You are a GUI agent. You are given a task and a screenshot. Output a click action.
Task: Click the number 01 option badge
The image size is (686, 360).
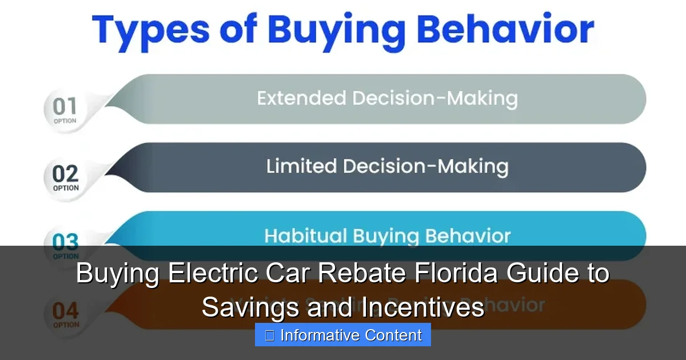pyautogui.click(x=65, y=109)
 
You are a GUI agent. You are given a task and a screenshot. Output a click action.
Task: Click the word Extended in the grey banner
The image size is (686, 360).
pyautogui.click(x=302, y=98)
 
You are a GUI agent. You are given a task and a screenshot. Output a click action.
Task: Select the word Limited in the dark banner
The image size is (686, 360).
pyautogui.click(x=301, y=166)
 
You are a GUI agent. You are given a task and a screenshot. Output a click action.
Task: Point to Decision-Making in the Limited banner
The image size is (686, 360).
pyautogui.click(x=426, y=166)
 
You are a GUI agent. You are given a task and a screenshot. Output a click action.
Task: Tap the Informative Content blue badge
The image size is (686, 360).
pyautogui.click(x=343, y=335)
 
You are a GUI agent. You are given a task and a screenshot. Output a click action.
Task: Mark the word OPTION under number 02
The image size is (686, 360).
pyautogui.click(x=66, y=188)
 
